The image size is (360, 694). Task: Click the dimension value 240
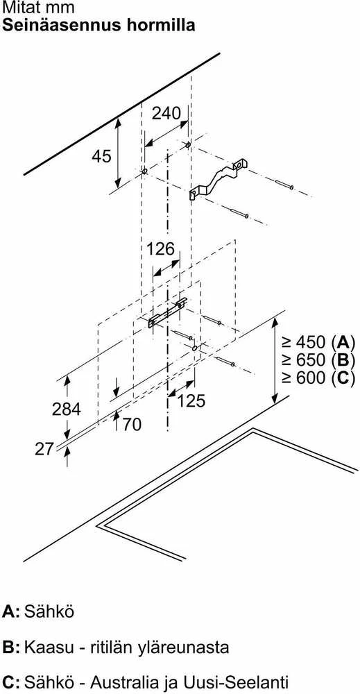[166, 113]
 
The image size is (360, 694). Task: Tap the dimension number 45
[102, 155]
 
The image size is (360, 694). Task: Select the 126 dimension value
[161, 248]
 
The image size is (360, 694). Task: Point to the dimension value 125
[191, 401]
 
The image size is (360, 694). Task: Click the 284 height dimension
[67, 409]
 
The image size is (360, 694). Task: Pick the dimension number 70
[132, 425]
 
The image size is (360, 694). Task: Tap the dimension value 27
[44, 449]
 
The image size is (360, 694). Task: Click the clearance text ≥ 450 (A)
[318, 342]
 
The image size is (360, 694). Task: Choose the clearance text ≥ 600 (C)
[318, 378]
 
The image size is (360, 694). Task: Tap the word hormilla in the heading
[159, 24]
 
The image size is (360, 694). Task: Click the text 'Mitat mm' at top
[38, 8]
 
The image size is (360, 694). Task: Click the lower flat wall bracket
[167, 312]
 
